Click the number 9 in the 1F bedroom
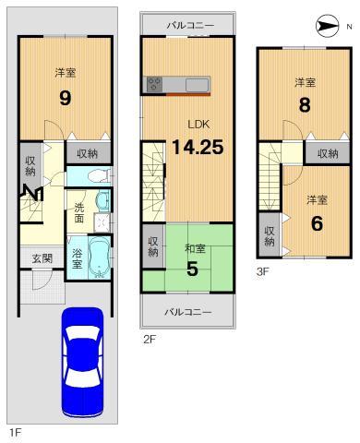tap(65, 98)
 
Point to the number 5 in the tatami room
tap(193, 269)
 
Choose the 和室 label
tap(194, 247)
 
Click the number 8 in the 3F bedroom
tap(305, 104)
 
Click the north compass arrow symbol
tap(328, 25)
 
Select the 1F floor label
tap(15, 432)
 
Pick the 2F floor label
tap(149, 338)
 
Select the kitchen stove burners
tap(154, 85)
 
